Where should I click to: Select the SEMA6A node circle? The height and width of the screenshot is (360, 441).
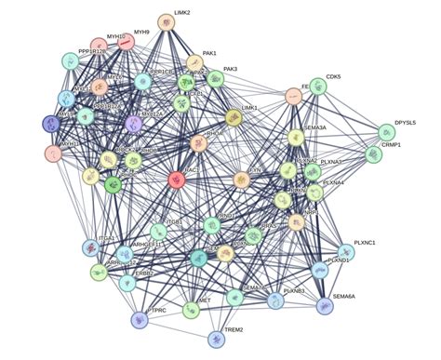coord(324,305)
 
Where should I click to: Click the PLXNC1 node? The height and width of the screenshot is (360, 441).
coord(346,251)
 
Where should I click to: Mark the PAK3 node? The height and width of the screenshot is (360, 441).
coord(216,80)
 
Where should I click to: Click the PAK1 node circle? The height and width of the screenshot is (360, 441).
coord(194,63)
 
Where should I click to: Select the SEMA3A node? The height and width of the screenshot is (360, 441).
coord(296,138)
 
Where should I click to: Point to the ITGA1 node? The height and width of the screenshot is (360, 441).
coord(90,248)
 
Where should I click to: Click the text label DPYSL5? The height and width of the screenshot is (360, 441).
coord(406,122)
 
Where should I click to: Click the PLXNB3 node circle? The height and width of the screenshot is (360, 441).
coord(275,300)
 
